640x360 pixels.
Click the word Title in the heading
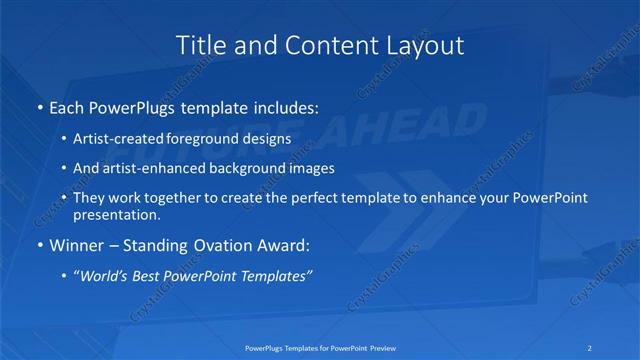[x=201, y=46]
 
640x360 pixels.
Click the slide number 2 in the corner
[x=591, y=347]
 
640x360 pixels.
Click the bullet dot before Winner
[x=39, y=245]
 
